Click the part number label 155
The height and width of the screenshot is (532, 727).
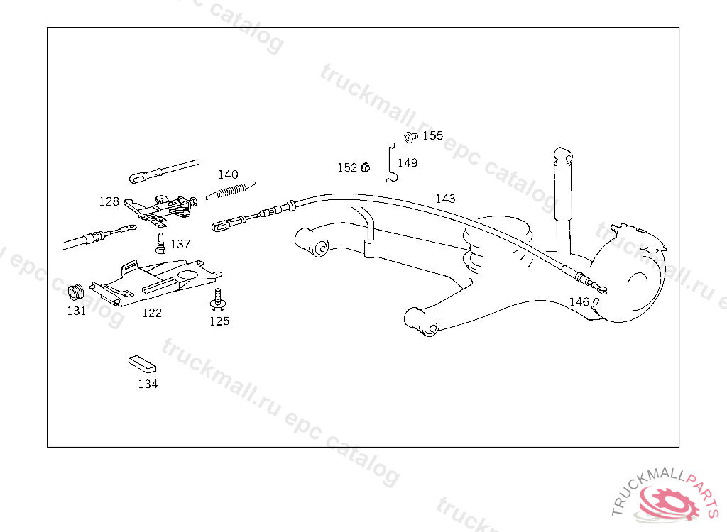pyautogui.click(x=432, y=135)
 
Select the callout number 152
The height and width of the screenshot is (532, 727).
pyautogui.click(x=347, y=168)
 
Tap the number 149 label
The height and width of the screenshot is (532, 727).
pyautogui.click(x=408, y=163)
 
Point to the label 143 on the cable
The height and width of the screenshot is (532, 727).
pyautogui.click(x=445, y=199)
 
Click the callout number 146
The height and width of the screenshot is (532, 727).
pyautogui.click(x=579, y=301)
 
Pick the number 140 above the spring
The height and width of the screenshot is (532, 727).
pyautogui.click(x=228, y=174)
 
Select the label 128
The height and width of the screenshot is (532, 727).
pyautogui.click(x=109, y=201)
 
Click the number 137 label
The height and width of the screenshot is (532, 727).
pyautogui.click(x=180, y=244)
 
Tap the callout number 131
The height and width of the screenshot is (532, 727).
pyautogui.click(x=76, y=311)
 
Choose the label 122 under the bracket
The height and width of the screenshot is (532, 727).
pyautogui.click(x=152, y=313)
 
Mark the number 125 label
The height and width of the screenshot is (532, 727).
pyautogui.click(x=219, y=321)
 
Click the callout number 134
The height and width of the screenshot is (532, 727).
pyautogui.click(x=148, y=384)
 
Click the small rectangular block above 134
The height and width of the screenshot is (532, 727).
pyautogui.click(x=142, y=363)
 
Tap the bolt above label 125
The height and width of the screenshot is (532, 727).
pyautogui.click(x=217, y=299)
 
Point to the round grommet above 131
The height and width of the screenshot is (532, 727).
pyautogui.click(x=76, y=292)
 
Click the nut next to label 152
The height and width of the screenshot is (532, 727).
pyautogui.click(x=366, y=167)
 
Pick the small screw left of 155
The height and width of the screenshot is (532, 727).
pyautogui.click(x=410, y=136)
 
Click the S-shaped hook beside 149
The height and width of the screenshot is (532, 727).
pyautogui.click(x=390, y=163)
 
